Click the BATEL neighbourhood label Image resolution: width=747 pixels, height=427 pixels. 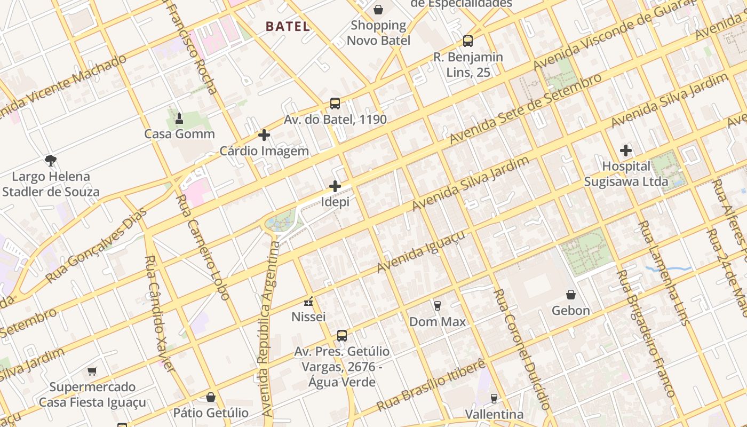(x=288, y=26)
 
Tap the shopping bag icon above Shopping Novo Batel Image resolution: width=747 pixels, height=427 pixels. (x=378, y=9)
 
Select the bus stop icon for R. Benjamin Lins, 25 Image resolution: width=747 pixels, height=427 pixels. (x=468, y=41)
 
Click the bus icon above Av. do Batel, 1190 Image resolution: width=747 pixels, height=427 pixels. (x=335, y=104)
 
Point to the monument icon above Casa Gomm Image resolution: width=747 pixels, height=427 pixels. (x=179, y=118)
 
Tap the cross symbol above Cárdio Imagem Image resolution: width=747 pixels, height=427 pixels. (x=264, y=135)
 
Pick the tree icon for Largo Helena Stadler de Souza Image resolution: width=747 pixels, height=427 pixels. (x=51, y=160)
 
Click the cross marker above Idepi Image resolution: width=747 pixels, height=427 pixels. (x=335, y=186)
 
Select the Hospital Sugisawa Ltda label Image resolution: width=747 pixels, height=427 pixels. (x=626, y=174)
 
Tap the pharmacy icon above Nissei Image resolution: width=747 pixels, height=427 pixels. (x=308, y=302)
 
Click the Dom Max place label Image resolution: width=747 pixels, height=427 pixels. (x=438, y=322)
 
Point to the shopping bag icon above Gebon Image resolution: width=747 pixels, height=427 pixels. (x=571, y=295)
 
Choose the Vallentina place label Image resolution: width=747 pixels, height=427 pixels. (x=494, y=415)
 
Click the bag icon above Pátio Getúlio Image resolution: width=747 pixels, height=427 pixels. (x=211, y=397)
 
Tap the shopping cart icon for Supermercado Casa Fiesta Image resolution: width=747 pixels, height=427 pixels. (x=92, y=371)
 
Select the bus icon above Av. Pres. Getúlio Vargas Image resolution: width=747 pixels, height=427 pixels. (x=342, y=336)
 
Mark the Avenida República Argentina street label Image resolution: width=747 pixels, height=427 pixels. (x=270, y=329)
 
